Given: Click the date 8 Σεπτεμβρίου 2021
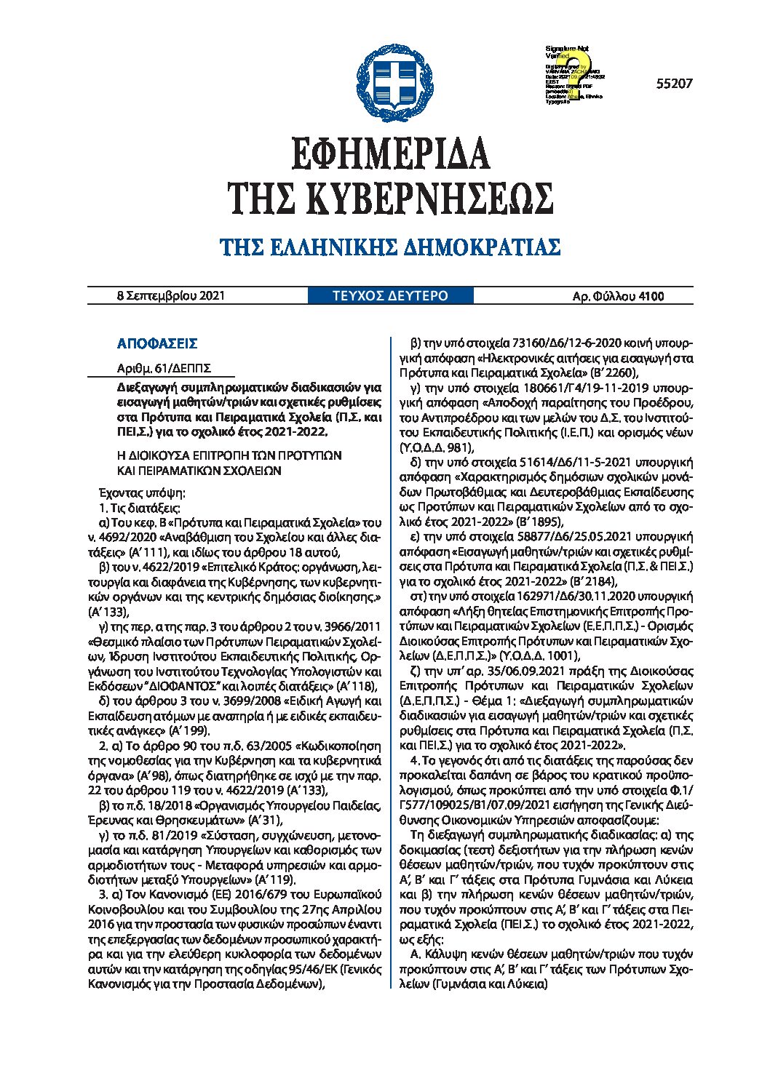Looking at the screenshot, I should pyautogui.click(x=171, y=296).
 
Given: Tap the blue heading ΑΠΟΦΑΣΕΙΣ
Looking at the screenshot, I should pyautogui.click(x=157, y=344).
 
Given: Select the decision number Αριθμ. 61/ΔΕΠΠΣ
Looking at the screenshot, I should pyautogui.click(x=164, y=368).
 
